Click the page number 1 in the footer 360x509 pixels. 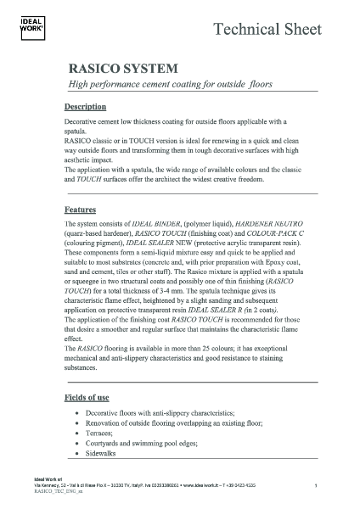pos(315,486)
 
